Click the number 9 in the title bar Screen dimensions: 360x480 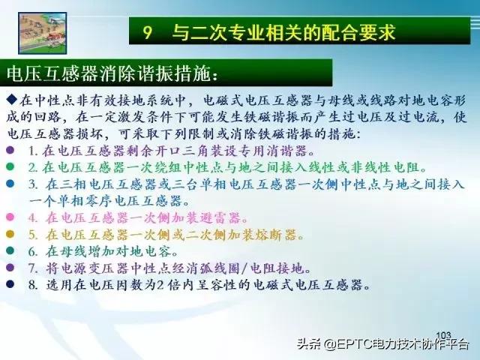point(148,32)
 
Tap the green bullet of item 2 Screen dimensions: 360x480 point(10,166)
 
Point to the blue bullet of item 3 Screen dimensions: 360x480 point(10,184)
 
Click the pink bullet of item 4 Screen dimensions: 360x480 point(10,217)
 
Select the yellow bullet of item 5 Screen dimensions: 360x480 point(10,235)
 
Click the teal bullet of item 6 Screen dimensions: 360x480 point(10,251)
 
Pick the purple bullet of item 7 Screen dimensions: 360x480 point(10,268)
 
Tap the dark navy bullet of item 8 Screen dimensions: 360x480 point(10,285)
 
